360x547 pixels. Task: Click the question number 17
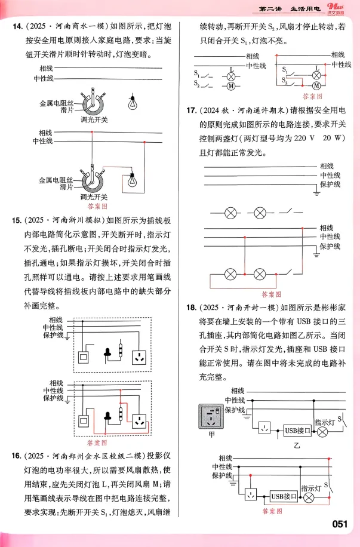pyautogui.click(x=192, y=111)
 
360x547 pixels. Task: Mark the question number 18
pyautogui.click(x=192, y=308)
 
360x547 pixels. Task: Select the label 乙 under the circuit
pyautogui.click(x=296, y=445)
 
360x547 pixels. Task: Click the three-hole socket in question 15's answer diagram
pyautogui.click(x=141, y=419)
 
